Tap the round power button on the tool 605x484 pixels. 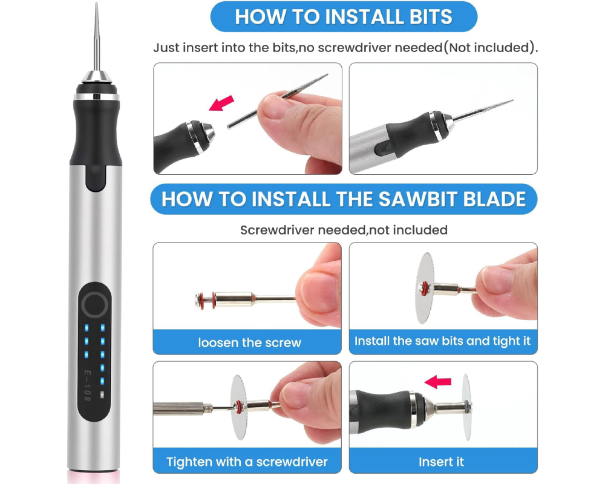(94, 305)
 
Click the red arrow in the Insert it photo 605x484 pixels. (438, 381)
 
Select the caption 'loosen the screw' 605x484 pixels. (249, 342)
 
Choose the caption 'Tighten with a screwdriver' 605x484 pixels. (247, 462)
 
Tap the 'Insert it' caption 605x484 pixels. (442, 462)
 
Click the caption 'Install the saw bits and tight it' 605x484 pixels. (442, 341)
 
